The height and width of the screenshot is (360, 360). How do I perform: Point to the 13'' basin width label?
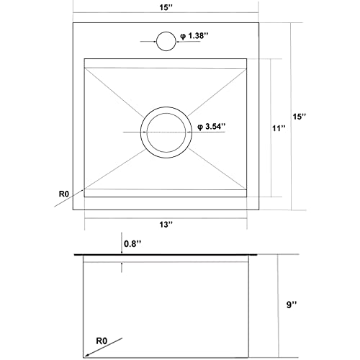click(x=167, y=225)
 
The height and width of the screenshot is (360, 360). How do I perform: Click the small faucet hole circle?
click(x=166, y=41)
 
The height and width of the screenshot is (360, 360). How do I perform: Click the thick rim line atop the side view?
click(x=166, y=255)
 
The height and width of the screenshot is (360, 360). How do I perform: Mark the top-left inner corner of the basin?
click(x=85, y=58)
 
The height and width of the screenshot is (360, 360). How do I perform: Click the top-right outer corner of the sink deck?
click(x=258, y=22)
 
